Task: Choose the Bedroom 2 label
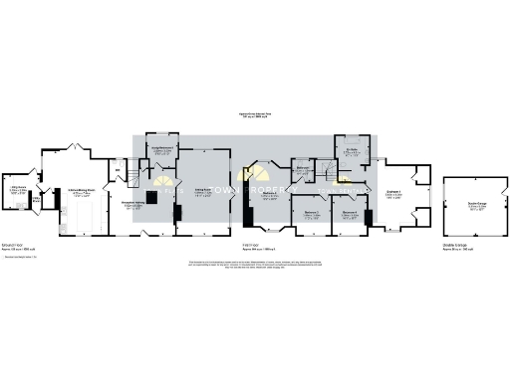[268, 195]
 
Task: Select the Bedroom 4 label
[349, 213]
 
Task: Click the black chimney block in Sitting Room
[177, 214]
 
